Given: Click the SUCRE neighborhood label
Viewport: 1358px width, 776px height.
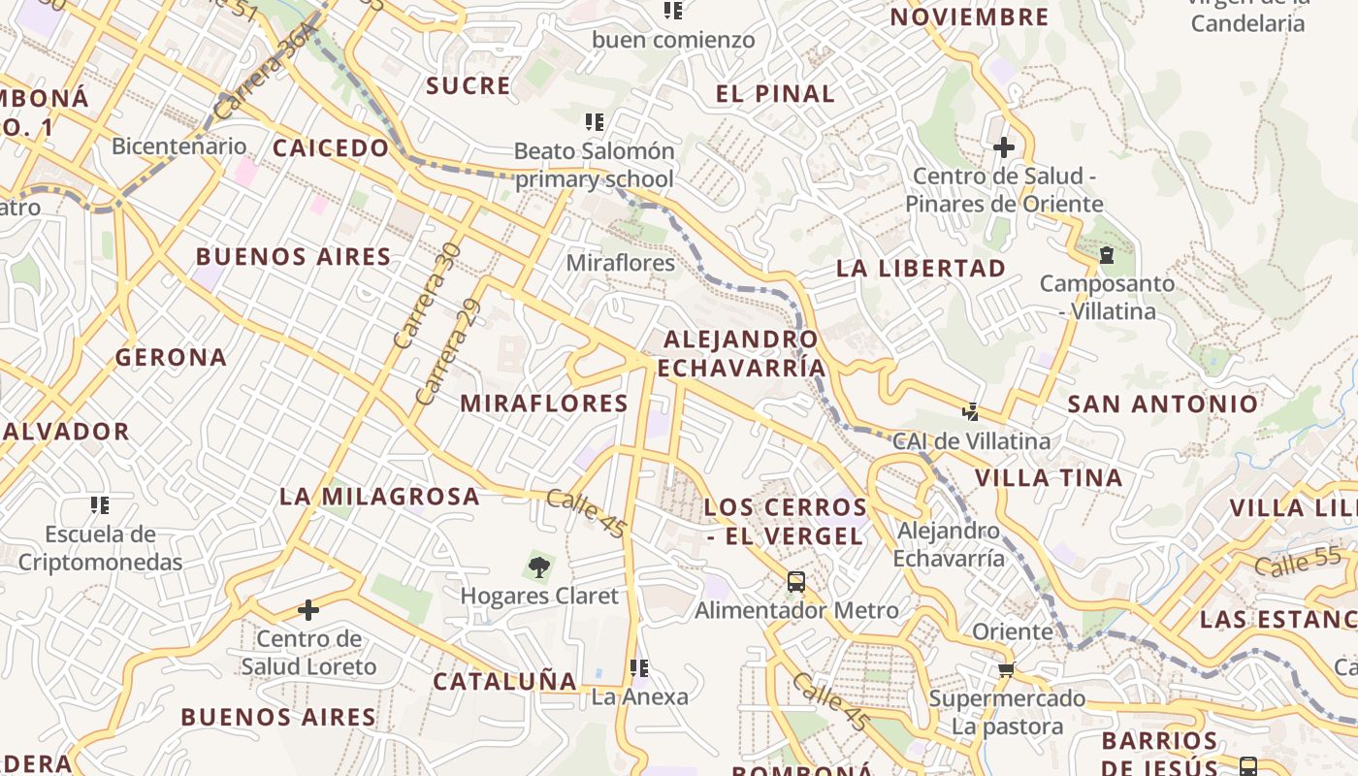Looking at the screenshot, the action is pyautogui.click(x=469, y=85).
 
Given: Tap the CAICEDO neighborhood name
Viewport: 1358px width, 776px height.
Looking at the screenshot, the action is pyautogui.click(x=331, y=148).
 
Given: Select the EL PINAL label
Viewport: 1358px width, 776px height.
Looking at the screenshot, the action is pyautogui.click(x=775, y=94).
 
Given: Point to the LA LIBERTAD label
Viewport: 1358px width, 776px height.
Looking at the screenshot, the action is pyautogui.click(x=921, y=269).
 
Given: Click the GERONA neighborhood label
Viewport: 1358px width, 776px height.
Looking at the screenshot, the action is pyautogui.click(x=172, y=358).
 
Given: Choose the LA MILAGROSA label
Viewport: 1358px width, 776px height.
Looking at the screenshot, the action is pyautogui.click(x=380, y=497).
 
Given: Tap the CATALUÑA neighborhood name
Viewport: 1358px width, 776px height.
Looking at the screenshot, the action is pyautogui.click(x=504, y=682).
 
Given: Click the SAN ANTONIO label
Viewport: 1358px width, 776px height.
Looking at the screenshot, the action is pyautogui.click(x=1163, y=404).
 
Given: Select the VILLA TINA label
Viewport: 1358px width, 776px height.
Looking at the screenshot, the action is pyautogui.click(x=1049, y=477).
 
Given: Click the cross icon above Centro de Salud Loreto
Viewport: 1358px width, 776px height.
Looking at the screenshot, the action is pyautogui.click(x=308, y=610).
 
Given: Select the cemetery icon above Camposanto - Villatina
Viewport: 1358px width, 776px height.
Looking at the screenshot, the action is pyautogui.click(x=1106, y=256).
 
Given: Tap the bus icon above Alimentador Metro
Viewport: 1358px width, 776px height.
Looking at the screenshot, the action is pyautogui.click(x=796, y=582).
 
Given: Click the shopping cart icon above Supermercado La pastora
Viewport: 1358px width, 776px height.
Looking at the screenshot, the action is pyautogui.click(x=1007, y=669).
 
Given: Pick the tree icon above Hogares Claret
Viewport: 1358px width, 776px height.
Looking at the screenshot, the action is pyautogui.click(x=538, y=566).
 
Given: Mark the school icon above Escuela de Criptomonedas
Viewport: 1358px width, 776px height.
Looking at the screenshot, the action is pyautogui.click(x=100, y=504).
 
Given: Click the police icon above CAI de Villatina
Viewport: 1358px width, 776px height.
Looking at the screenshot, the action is pyautogui.click(x=970, y=411).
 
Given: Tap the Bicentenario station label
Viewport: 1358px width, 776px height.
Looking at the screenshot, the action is pyautogui.click(x=179, y=146).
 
